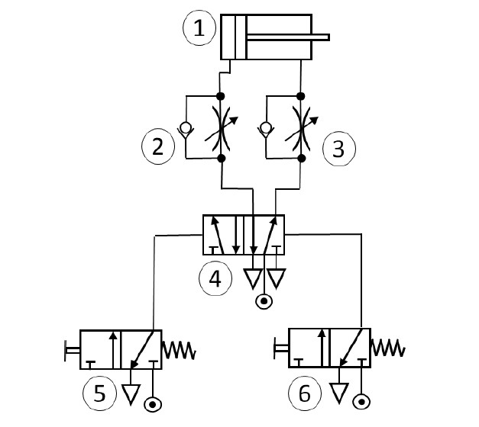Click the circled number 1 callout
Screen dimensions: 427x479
click(199, 30)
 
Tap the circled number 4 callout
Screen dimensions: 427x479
click(215, 278)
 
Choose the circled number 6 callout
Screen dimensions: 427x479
click(305, 393)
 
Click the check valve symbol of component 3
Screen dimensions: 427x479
click(264, 128)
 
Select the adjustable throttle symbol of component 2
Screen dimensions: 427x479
click(222, 127)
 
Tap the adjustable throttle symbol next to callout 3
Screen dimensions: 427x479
click(301, 127)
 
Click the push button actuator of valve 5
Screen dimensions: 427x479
click(71, 351)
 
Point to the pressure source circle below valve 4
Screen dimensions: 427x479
click(264, 301)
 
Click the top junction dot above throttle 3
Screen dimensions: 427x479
click(301, 96)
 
